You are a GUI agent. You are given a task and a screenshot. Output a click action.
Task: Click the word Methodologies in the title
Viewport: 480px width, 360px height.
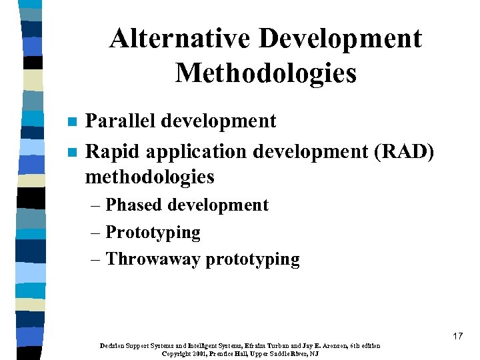coord(266,73)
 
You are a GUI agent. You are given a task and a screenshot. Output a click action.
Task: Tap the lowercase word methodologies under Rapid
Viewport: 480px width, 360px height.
coord(150,177)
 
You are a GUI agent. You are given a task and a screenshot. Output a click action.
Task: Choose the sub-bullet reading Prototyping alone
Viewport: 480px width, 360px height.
coord(153,233)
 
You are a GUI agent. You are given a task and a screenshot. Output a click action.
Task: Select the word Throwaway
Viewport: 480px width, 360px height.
coord(153,259)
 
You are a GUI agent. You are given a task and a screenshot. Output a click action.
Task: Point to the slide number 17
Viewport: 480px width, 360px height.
coord(457,336)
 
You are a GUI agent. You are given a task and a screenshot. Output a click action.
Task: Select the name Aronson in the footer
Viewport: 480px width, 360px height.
coord(337,345)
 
